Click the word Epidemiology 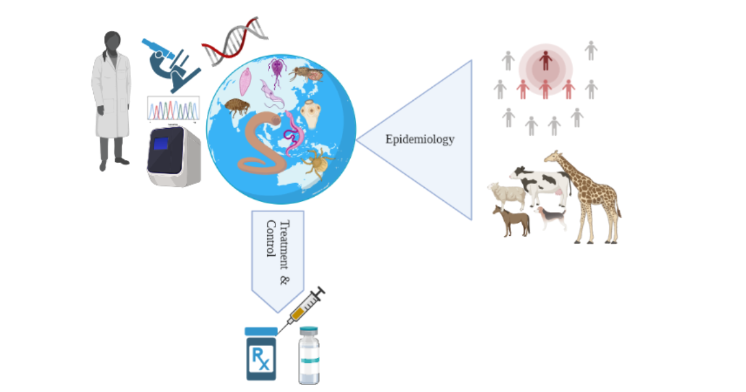(x=420, y=139)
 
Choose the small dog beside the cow (x=552, y=217)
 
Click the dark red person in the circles (x=545, y=60)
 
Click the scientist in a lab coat (x=112, y=100)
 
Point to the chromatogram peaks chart (x=173, y=109)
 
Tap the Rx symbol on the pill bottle (x=262, y=359)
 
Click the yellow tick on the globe (x=318, y=164)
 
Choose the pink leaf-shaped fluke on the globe (x=245, y=82)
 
